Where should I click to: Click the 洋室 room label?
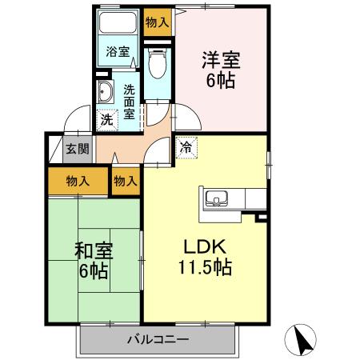[221, 58]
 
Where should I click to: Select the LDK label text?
[204, 246]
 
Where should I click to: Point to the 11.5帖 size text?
[205, 268]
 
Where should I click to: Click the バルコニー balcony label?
[158, 340]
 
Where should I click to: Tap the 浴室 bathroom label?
[118, 52]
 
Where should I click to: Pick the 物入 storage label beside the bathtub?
[157, 22]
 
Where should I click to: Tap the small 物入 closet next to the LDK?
[126, 182]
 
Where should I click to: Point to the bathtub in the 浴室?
[118, 25]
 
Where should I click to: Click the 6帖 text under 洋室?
[221, 80]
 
